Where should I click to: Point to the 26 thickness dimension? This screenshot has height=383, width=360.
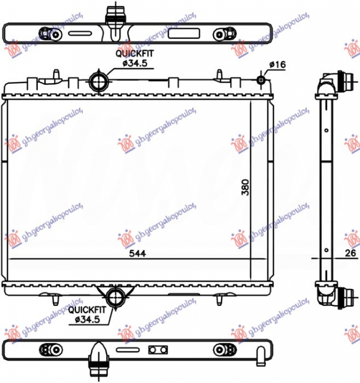349,254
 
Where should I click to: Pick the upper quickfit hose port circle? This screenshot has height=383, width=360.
98,81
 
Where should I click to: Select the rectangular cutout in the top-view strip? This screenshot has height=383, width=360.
183,34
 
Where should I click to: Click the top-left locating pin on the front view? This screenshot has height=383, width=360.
55,74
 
